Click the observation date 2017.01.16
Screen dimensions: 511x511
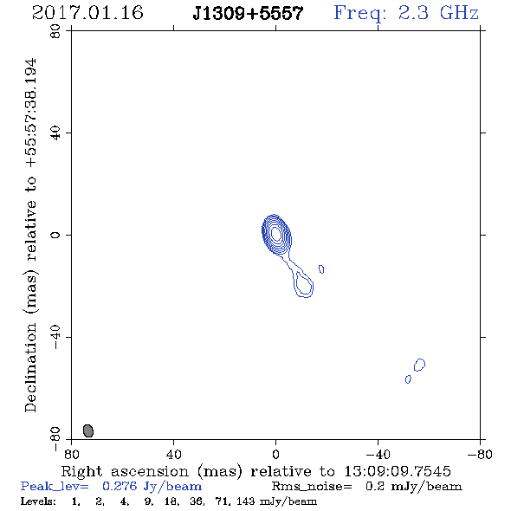click(87, 13)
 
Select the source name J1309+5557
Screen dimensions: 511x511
click(248, 14)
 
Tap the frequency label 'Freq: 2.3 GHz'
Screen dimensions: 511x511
click(406, 13)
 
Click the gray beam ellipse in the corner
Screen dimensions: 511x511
click(88, 430)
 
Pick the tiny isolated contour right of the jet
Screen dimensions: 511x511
click(321, 269)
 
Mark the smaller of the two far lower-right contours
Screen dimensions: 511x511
click(408, 379)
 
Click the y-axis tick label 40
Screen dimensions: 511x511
click(55, 133)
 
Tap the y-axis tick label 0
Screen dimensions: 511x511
click(55, 235)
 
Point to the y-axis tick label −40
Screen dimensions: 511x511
click(55, 337)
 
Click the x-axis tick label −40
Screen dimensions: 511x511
click(378, 454)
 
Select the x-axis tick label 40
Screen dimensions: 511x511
click(173, 454)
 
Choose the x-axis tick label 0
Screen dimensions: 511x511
click(275, 454)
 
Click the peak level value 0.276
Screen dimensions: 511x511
click(120, 486)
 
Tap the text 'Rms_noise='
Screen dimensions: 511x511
click(312, 487)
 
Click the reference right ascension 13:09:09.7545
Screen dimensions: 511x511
click(398, 471)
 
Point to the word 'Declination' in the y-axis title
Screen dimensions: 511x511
click(30, 367)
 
